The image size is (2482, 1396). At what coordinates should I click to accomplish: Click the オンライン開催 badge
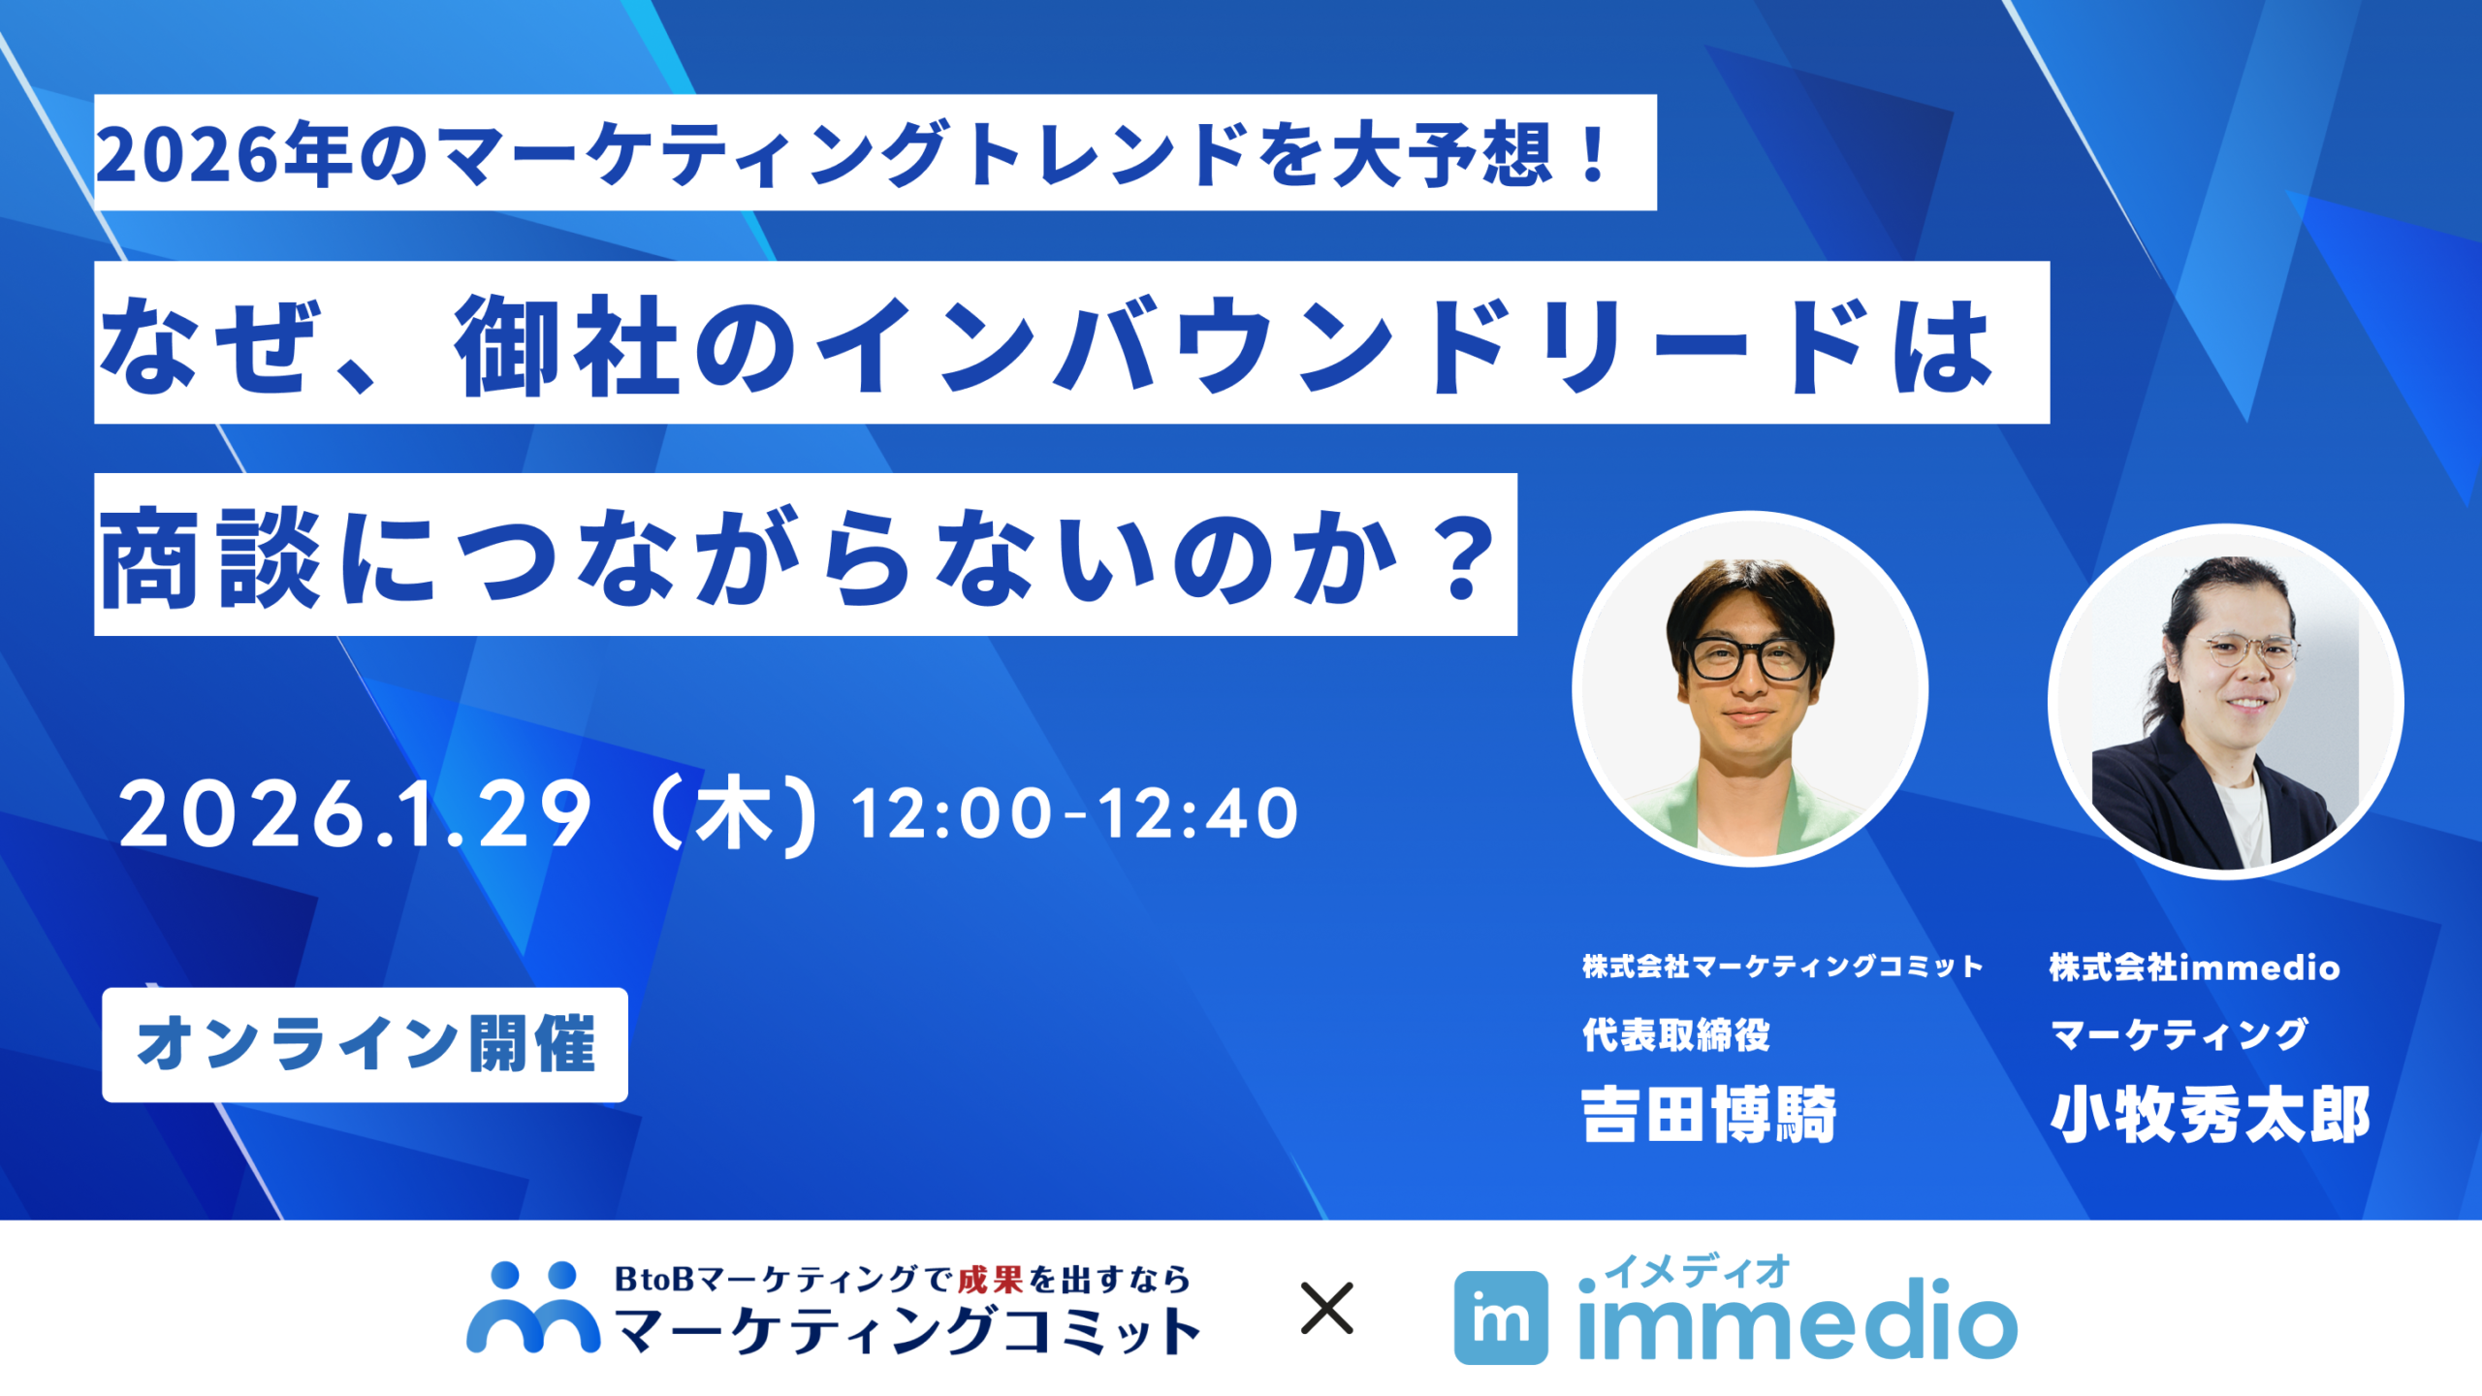click(x=365, y=1044)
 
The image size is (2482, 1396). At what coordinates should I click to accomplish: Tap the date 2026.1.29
click(x=355, y=814)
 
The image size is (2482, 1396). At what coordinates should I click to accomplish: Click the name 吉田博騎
click(x=1708, y=1115)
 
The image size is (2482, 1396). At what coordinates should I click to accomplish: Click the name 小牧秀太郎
click(x=2210, y=1115)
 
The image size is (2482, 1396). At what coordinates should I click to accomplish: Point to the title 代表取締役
click(x=1675, y=1034)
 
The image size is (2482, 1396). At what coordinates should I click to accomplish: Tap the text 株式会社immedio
click(x=2194, y=967)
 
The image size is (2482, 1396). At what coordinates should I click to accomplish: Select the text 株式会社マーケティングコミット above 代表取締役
click(x=1782, y=967)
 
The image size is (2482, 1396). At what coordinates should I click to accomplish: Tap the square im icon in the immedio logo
click(x=1500, y=1317)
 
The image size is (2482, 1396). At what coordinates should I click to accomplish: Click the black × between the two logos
click(x=1326, y=1309)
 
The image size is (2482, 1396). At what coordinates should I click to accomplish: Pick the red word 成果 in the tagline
click(x=990, y=1280)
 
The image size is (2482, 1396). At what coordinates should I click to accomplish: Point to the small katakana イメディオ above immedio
click(x=1697, y=1271)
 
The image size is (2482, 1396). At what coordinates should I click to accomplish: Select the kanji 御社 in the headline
click(x=567, y=345)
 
